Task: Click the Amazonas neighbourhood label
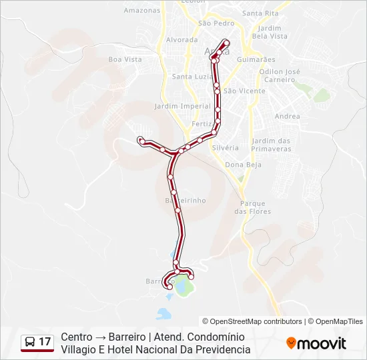click(x=142, y=11)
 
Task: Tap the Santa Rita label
click(x=260, y=13)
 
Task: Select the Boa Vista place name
click(x=125, y=59)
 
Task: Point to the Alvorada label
click(x=181, y=40)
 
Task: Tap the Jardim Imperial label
click(x=182, y=106)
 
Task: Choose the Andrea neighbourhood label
click(x=287, y=117)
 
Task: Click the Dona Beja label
click(x=243, y=165)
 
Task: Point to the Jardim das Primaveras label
click(x=272, y=145)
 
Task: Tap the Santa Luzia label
click(x=192, y=77)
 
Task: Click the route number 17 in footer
click(x=45, y=342)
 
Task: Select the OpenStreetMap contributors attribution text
click(x=252, y=321)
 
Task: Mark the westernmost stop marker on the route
click(x=140, y=139)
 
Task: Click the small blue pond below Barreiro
click(x=163, y=312)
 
